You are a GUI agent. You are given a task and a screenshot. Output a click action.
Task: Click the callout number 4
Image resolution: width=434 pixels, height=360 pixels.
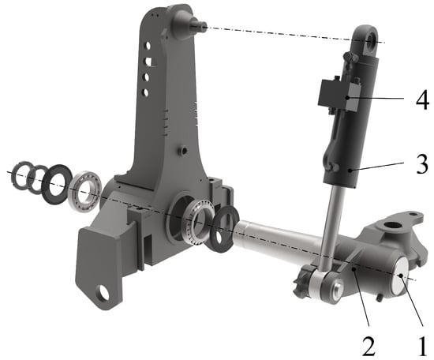(x=422, y=99)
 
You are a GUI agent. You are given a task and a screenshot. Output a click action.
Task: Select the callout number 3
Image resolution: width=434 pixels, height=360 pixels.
(x=423, y=164)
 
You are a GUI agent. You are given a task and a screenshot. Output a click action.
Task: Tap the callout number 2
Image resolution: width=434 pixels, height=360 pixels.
(x=369, y=346)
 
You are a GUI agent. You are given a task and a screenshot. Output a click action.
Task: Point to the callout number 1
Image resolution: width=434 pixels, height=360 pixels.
(x=421, y=346)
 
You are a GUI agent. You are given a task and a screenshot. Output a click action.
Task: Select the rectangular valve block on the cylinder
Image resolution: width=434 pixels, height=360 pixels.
(x=339, y=96)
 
